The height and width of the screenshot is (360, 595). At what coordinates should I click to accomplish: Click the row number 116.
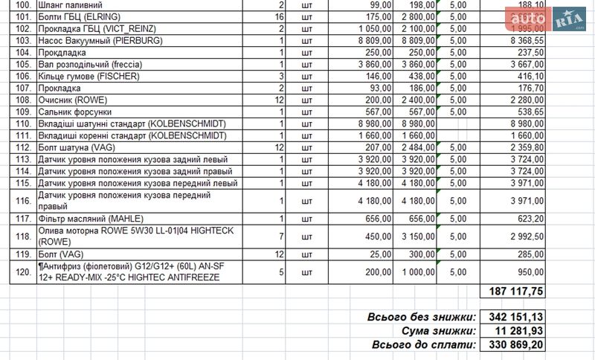tap(25, 201)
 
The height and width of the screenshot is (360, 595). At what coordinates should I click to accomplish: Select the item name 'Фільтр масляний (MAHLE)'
tap(85, 219)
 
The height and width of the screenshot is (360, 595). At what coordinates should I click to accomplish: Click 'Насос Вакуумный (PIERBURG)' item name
tap(100, 40)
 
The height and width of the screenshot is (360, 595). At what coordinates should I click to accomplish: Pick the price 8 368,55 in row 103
tap(524, 40)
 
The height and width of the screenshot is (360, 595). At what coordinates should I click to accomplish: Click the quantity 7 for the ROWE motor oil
tap(282, 237)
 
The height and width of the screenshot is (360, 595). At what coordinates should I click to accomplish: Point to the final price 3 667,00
tap(524, 64)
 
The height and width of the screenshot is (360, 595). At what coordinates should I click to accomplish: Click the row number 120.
tap(25, 271)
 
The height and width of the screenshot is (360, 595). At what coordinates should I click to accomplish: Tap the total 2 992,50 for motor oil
tap(524, 237)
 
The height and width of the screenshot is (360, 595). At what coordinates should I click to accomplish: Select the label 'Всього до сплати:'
tap(423, 345)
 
